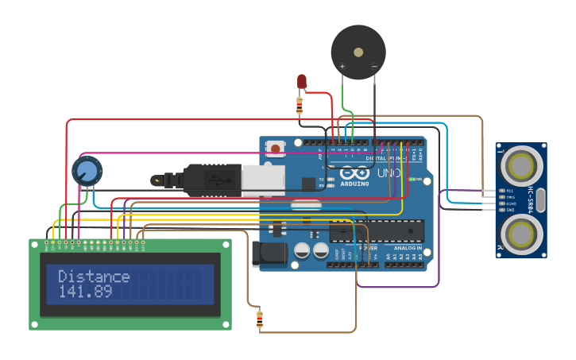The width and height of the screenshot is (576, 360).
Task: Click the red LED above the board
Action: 302,81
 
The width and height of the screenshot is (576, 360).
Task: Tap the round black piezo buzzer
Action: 358,52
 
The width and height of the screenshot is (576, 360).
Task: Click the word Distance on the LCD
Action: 94,277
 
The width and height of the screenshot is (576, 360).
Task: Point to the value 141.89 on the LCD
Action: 85,292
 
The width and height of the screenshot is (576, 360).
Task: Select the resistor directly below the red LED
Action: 300,104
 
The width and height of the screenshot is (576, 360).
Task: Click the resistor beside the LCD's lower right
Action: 260,319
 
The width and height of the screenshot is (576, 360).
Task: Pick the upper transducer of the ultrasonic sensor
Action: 520,166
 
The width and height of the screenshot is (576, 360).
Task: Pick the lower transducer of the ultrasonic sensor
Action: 520,234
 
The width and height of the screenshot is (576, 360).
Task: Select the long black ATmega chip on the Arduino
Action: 377,230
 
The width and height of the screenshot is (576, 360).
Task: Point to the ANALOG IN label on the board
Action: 408,248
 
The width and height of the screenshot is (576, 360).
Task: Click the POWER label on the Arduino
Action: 369,248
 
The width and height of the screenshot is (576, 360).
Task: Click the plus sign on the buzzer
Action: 342,67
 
